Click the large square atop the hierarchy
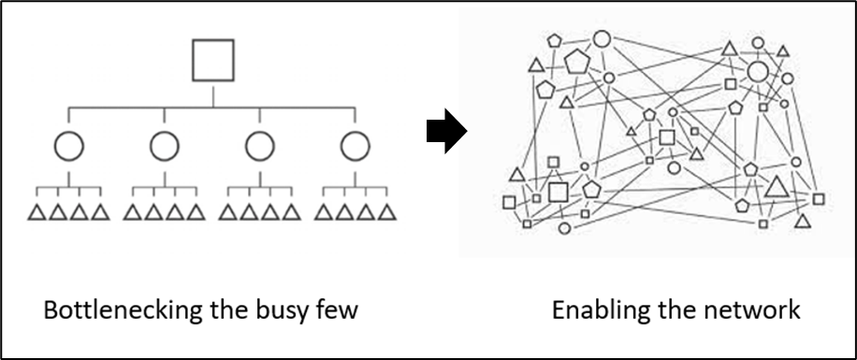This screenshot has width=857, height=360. pyautogui.click(x=212, y=60)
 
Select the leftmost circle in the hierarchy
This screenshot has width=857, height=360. pyautogui.click(x=69, y=146)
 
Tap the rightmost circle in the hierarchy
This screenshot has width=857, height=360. pyautogui.click(x=355, y=146)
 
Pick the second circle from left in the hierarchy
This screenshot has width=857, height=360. pyautogui.click(x=164, y=146)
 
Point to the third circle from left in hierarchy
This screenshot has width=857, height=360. pyautogui.click(x=259, y=146)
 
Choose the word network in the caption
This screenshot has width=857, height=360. pyautogui.click(x=752, y=310)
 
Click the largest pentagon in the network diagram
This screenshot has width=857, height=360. pyautogui.click(x=577, y=63)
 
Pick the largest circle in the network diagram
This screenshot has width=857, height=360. pyautogui.click(x=758, y=72)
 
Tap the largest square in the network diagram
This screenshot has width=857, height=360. pyautogui.click(x=559, y=193)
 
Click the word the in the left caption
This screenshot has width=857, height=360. pyautogui.click(x=221, y=310)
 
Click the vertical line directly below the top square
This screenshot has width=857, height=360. pyautogui.click(x=212, y=94)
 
